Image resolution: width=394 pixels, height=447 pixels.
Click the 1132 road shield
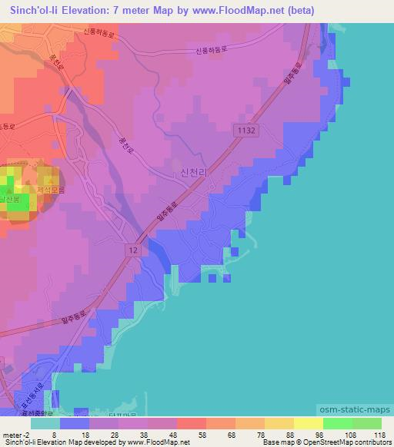click(247, 131)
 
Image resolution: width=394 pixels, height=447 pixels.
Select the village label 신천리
click(193, 175)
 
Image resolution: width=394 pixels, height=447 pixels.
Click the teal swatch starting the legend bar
click(45, 422)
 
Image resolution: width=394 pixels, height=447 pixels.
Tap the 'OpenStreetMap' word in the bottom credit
click(324, 442)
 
